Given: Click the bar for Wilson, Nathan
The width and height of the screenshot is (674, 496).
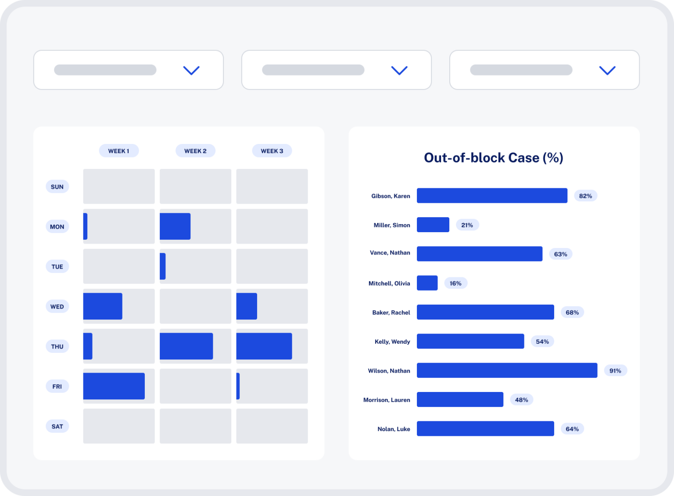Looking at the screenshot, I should [x=507, y=370].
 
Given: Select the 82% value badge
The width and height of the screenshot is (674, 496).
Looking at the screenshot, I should [x=585, y=196].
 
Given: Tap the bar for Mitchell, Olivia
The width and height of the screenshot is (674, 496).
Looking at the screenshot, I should [x=427, y=283].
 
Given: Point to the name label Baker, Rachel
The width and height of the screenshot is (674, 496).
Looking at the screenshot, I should [x=391, y=313].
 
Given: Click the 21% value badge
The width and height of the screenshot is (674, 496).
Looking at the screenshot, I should [x=467, y=225].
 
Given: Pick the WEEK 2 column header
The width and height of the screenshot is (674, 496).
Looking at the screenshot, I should [x=195, y=151].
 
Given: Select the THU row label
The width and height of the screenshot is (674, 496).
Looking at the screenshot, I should [x=57, y=346].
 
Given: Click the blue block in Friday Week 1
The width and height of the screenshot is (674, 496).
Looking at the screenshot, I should [x=114, y=386].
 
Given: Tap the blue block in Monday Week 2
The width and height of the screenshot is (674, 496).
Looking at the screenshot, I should [x=175, y=226].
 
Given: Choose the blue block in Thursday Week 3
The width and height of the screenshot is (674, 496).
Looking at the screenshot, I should [x=264, y=346].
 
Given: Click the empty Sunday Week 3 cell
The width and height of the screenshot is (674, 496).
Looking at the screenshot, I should [x=272, y=186].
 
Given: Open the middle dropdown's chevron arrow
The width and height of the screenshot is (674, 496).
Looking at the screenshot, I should [x=399, y=70].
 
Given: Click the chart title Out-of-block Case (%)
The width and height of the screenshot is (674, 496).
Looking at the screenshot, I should [x=493, y=158].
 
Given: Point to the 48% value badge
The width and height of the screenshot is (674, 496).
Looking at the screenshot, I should [x=521, y=400].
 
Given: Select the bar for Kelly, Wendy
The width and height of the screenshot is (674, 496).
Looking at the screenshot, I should [x=470, y=341].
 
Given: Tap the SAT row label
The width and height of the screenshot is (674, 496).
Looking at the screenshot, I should [x=57, y=426].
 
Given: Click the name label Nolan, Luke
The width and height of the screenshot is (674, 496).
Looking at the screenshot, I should [x=394, y=429].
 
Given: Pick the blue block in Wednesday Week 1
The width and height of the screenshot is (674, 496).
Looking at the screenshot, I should [x=103, y=306].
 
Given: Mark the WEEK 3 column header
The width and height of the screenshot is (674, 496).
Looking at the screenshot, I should [x=272, y=151].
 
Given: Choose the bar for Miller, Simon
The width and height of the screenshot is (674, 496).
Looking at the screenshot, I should [x=433, y=225].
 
